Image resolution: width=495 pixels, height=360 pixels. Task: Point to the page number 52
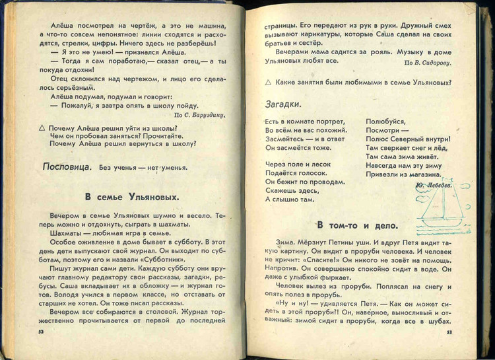[x=42, y=332]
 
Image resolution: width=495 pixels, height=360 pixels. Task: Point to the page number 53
[x=448, y=332]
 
